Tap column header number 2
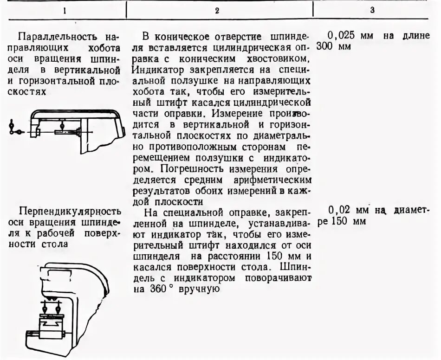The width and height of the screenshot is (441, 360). click(x=217, y=10)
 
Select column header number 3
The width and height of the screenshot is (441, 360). click(x=372, y=10)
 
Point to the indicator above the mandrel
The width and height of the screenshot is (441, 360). click(x=62, y=124)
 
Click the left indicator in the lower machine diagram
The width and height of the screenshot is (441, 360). click(x=44, y=308)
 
